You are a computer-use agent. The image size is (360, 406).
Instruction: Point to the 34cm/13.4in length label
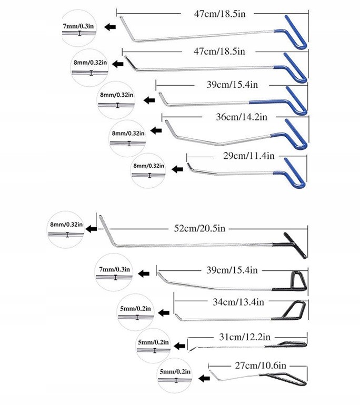coord(239,301)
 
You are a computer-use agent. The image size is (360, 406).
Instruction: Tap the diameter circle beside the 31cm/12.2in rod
coord(154,346)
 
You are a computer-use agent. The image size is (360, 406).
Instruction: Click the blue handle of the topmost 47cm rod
coord(295,32)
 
